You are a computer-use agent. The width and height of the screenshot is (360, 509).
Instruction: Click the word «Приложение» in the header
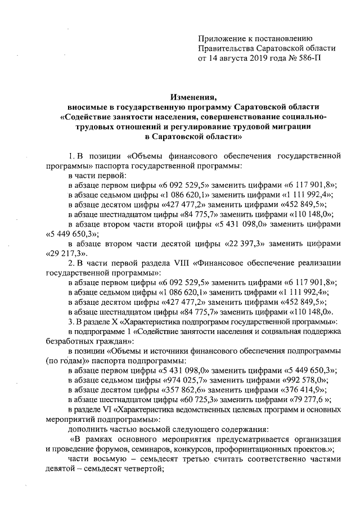220,38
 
